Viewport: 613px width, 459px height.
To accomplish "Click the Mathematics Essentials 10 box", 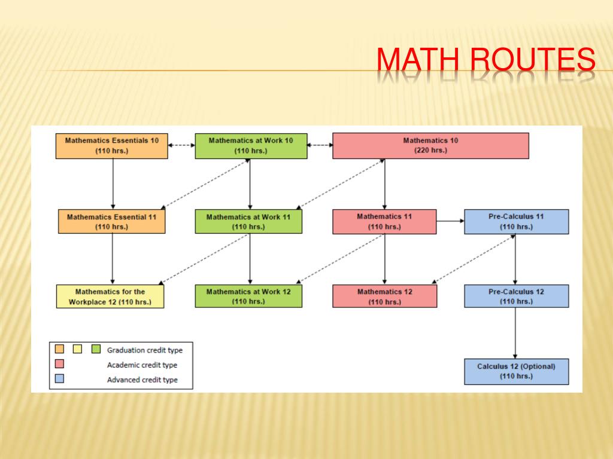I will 112,146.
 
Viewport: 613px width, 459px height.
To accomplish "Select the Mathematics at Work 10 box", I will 251,146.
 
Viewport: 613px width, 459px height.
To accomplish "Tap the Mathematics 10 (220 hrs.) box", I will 430,146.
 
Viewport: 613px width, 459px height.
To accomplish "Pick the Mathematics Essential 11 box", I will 112,222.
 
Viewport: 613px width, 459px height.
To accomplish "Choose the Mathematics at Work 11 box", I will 248,222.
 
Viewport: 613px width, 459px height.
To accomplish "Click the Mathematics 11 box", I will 384,222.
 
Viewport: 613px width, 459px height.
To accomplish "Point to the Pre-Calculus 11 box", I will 516,222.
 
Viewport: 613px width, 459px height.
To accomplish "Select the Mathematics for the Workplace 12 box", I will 110,296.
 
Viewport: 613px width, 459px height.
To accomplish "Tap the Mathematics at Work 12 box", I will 248,296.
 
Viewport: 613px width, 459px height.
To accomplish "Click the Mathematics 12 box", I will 384,296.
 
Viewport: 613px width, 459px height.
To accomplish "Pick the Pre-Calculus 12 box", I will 516,296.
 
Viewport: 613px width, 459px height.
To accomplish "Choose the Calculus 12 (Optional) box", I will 516,371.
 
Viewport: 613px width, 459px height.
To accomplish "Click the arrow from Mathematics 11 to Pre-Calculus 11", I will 450,221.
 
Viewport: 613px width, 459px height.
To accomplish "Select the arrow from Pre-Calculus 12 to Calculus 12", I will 515,333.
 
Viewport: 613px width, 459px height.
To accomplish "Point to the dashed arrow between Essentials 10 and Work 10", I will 181,145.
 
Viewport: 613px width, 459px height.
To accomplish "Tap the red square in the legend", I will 59,364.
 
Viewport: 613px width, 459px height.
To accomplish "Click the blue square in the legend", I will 59,379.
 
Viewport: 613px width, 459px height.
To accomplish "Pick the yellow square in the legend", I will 77,349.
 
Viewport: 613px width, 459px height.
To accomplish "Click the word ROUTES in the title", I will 533,61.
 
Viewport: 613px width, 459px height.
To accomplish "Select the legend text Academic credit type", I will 142,365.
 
